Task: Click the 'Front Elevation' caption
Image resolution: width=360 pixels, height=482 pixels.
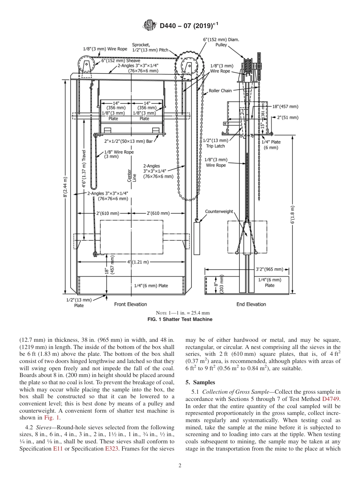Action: [x=130, y=304]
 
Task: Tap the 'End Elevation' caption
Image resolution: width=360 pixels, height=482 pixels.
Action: [x=251, y=304]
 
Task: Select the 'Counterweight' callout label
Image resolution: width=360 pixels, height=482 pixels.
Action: [x=219, y=211]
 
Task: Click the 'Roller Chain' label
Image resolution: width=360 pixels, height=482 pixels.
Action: [x=220, y=91]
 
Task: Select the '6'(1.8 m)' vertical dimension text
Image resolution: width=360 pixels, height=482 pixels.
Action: [x=292, y=215]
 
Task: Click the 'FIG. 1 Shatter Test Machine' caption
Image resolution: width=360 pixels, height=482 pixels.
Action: [x=180, y=319]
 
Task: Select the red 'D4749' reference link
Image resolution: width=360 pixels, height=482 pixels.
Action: [x=331, y=399]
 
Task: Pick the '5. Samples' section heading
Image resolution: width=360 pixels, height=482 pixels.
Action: [x=200, y=382]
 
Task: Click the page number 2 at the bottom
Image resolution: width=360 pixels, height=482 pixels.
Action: [x=180, y=466]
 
